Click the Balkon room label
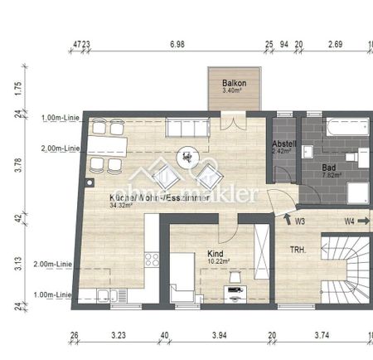(232, 84)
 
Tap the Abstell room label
(283, 144)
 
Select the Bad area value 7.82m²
(335, 175)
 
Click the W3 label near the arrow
(300, 221)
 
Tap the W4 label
(351, 221)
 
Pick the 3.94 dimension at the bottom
(218, 336)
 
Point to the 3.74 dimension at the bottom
(322, 336)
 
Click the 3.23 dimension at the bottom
(118, 336)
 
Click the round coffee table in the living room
(188, 155)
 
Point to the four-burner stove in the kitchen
(153, 259)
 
